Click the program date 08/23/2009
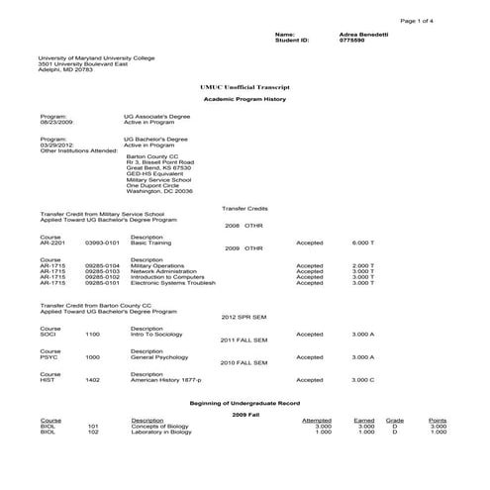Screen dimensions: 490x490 [57, 122]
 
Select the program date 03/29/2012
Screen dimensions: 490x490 [57, 146]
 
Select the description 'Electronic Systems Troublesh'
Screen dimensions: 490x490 [172, 283]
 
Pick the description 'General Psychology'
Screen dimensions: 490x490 [161, 356]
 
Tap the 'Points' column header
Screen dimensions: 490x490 [438, 420]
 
